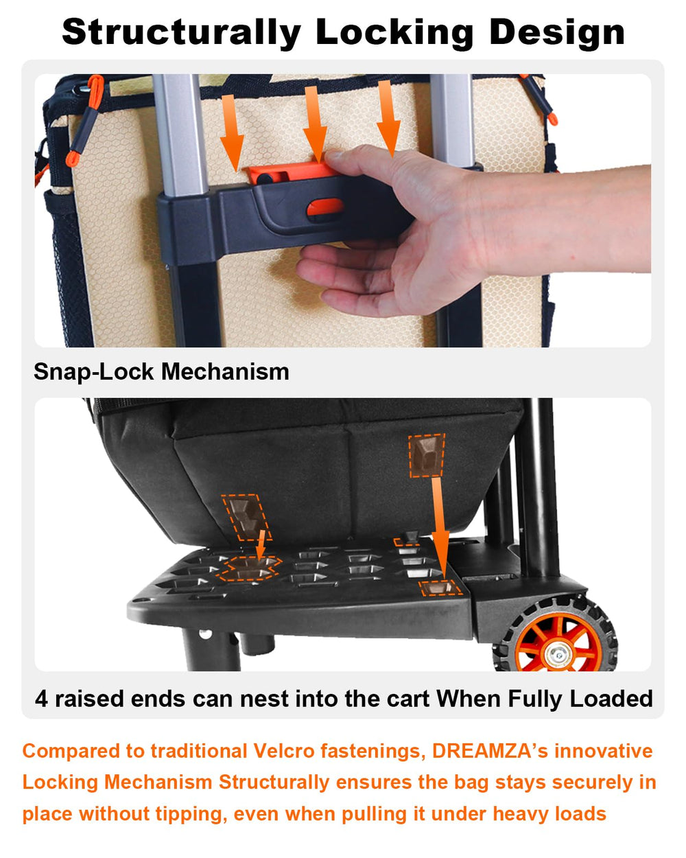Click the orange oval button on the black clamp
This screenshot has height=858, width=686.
[325, 207]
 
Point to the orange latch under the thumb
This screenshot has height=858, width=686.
[292, 172]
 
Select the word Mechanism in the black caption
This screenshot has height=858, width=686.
[225, 372]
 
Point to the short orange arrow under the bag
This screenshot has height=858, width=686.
[261, 544]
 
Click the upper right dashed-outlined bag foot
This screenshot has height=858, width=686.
[427, 455]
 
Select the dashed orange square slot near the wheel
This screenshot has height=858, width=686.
[440, 588]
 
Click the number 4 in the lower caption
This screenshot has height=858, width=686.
[41, 699]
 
